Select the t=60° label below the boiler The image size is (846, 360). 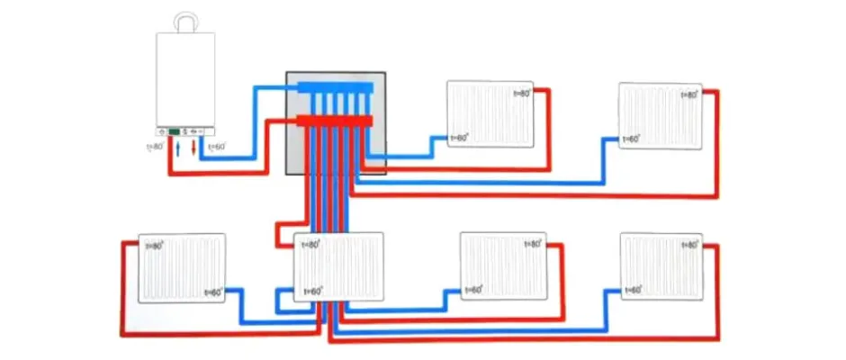pyautogui.click(x=217, y=146)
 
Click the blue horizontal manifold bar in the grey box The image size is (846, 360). pyautogui.click(x=333, y=89)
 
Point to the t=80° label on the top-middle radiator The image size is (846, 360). pyautogui.click(x=521, y=94)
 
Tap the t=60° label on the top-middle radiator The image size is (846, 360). pyautogui.click(x=459, y=138)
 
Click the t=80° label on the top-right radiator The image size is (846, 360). pyautogui.click(x=689, y=94)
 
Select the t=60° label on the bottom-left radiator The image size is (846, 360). pyautogui.click(x=214, y=292)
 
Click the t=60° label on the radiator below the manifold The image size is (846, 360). pyautogui.click(x=313, y=291)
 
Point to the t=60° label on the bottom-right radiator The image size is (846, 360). pyautogui.click(x=632, y=290)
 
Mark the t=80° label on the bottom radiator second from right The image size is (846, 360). pyautogui.click(x=531, y=244)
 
